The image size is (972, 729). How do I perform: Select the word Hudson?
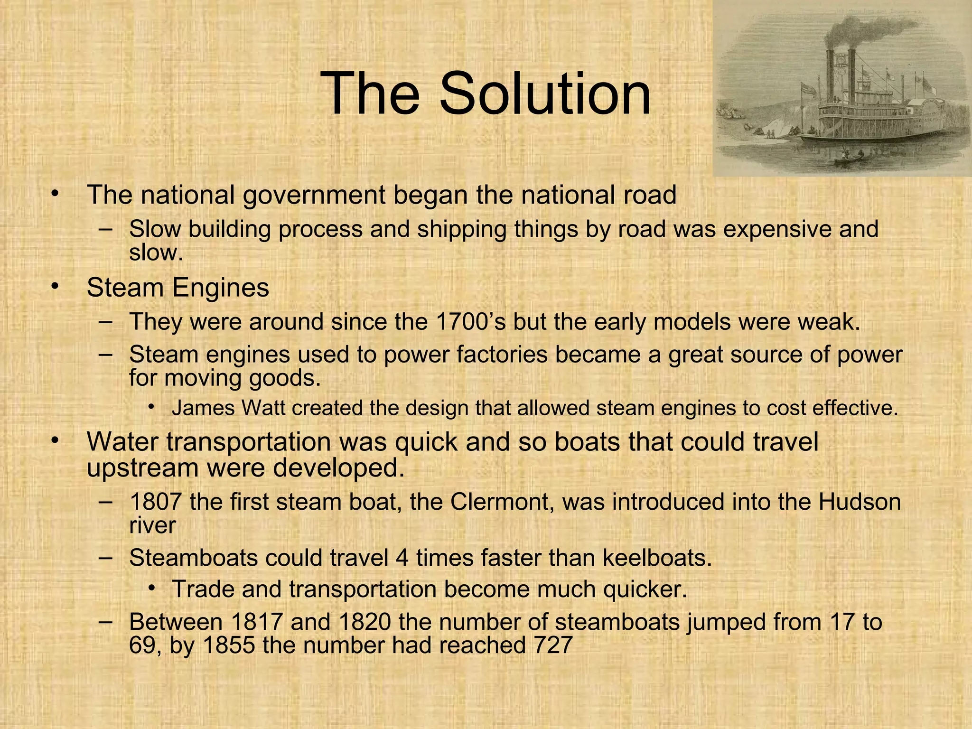tap(860, 502)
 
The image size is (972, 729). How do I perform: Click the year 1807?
tap(155, 502)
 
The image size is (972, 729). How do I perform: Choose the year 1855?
tap(229, 645)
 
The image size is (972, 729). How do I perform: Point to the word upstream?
tap(142, 468)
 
